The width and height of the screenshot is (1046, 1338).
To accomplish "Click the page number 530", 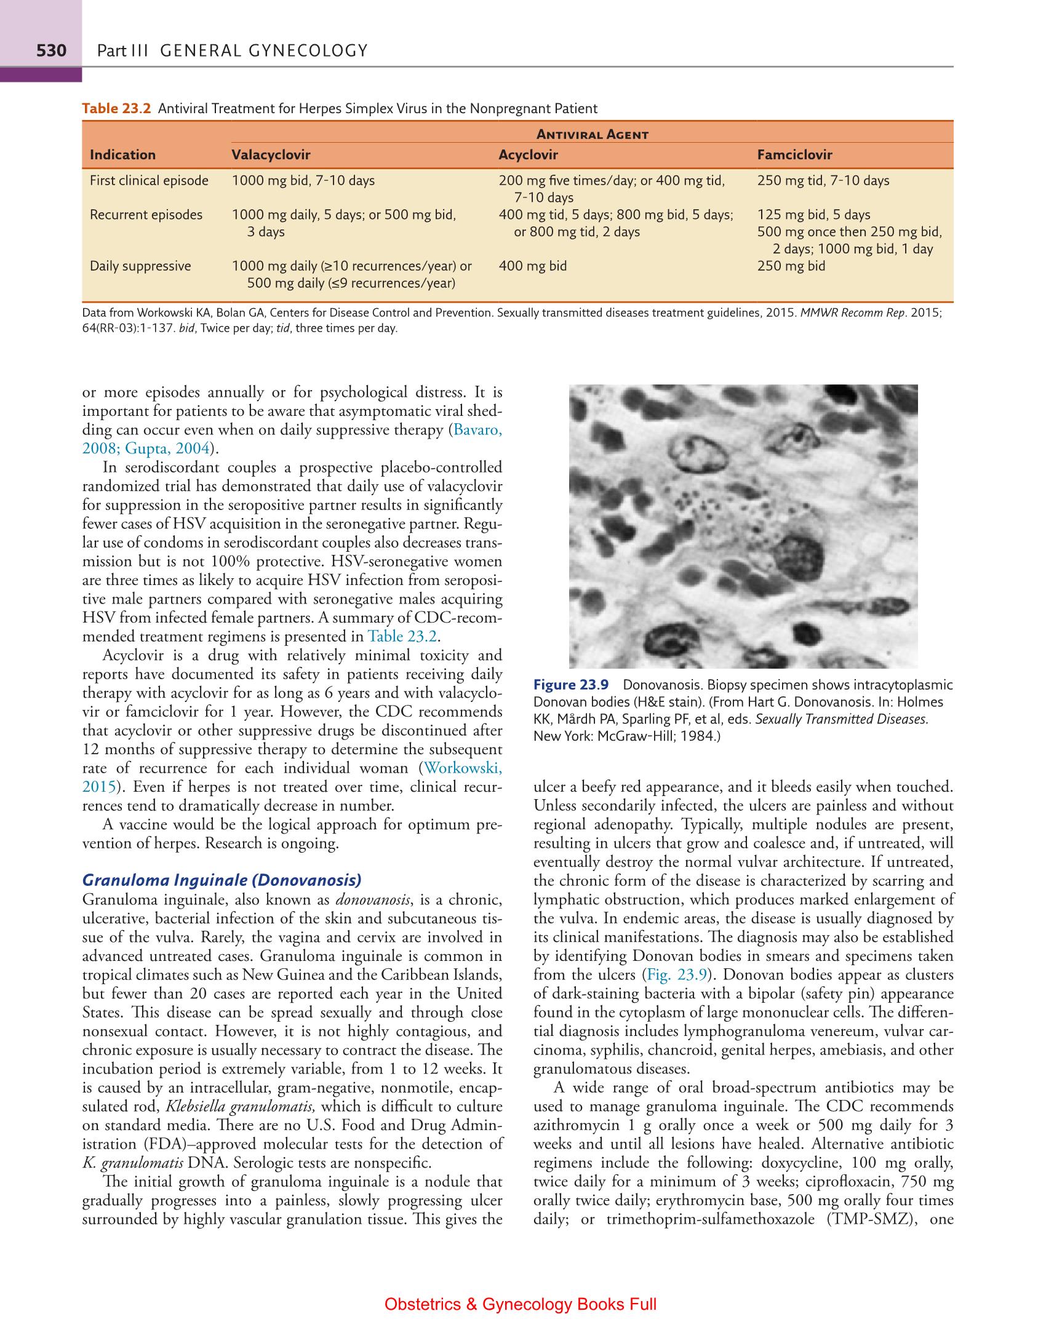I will coord(50,50).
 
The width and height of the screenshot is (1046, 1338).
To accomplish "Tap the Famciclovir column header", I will coord(794,155).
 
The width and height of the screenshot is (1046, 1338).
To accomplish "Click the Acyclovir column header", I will coord(528,155).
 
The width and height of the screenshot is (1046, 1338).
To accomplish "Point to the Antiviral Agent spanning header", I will coord(593,134).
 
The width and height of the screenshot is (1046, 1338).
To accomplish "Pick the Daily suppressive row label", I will coord(140,266).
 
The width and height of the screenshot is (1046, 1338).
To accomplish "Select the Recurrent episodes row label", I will coord(146,215).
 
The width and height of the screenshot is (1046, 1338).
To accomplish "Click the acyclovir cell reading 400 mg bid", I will coord(532,266).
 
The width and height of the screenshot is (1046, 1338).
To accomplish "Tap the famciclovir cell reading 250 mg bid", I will coord(791,266).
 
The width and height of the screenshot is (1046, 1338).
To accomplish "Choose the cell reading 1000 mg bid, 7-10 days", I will coord(303,181).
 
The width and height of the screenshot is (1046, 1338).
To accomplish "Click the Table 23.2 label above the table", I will coord(116,109).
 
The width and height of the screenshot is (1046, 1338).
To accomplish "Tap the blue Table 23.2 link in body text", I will coord(402,636).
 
